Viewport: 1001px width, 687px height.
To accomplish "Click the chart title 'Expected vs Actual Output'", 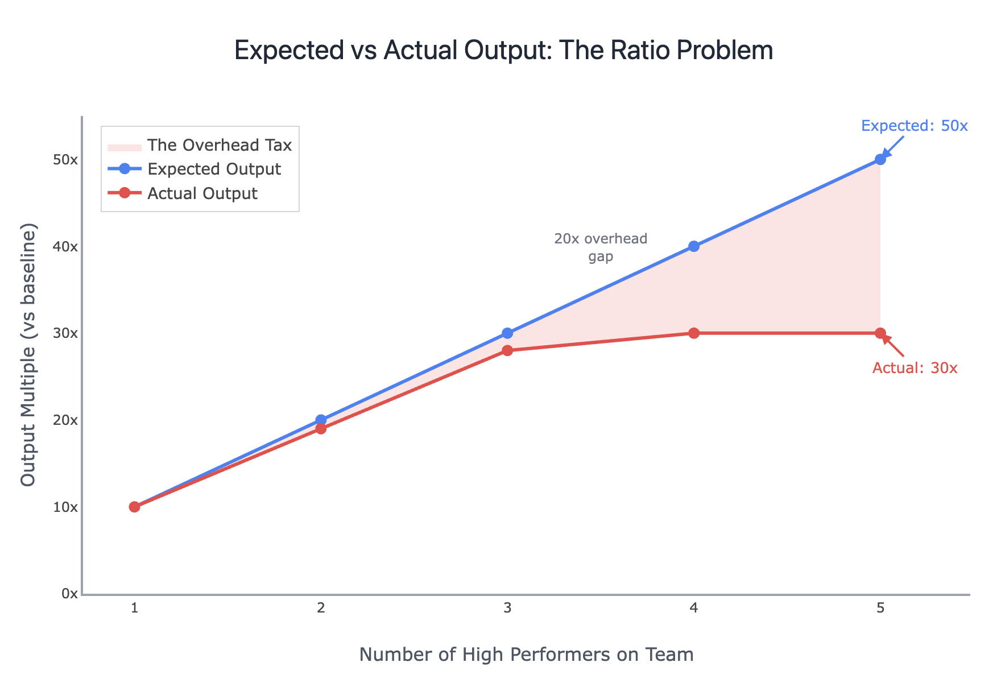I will tap(503, 51).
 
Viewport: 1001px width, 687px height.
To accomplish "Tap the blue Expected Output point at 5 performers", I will tap(880, 159).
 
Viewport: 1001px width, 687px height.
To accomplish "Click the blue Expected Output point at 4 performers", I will tap(693, 246).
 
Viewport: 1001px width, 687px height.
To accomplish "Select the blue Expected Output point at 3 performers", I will tap(507, 333).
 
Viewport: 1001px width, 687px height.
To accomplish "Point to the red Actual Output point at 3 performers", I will tap(507, 350).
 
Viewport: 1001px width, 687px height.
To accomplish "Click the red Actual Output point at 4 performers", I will tap(693, 333).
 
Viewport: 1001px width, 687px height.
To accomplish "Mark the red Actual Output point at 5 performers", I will tap(880, 333).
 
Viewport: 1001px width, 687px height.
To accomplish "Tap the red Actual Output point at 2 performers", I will tap(321, 428).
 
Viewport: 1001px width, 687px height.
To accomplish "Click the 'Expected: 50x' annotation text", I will tap(914, 126).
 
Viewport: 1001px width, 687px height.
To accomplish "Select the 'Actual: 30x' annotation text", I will tap(915, 368).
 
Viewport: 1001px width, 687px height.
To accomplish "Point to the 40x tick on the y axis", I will tap(65, 246).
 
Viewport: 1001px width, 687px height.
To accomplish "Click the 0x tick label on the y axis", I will tap(69, 594).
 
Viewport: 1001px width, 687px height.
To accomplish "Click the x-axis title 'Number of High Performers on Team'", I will tap(526, 655).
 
